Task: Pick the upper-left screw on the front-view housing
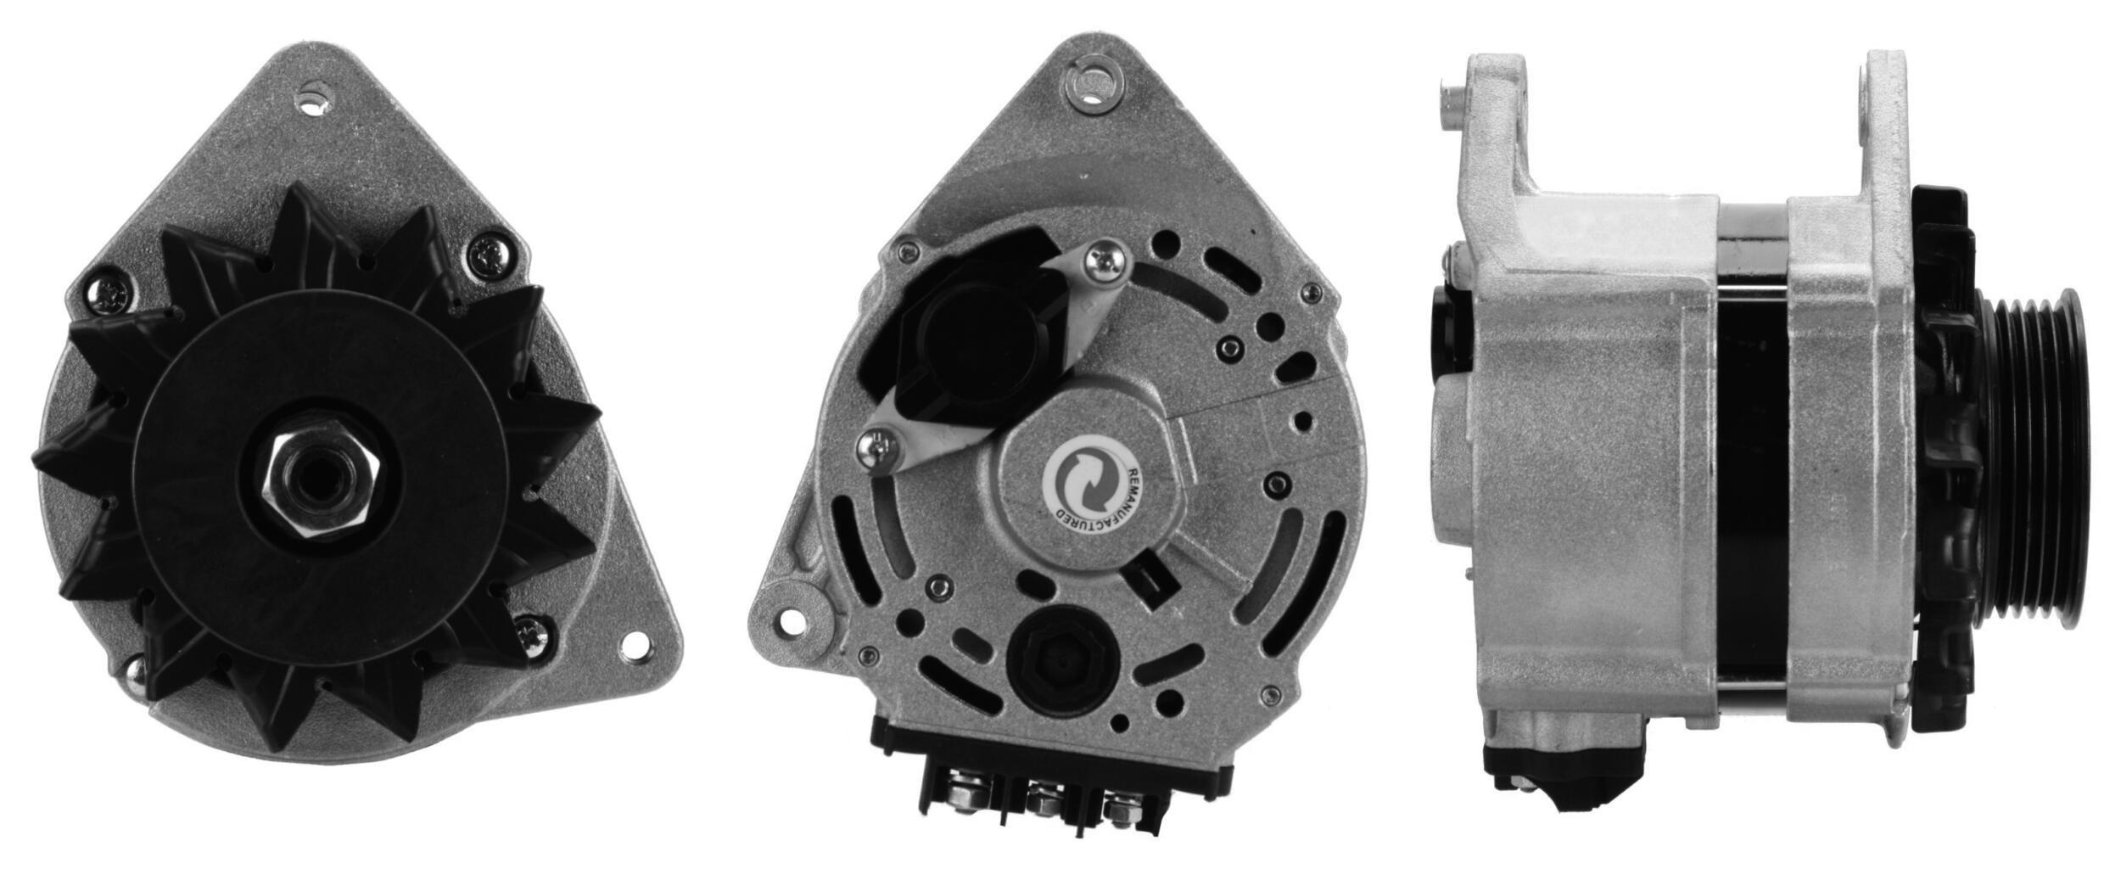click(108, 296)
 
